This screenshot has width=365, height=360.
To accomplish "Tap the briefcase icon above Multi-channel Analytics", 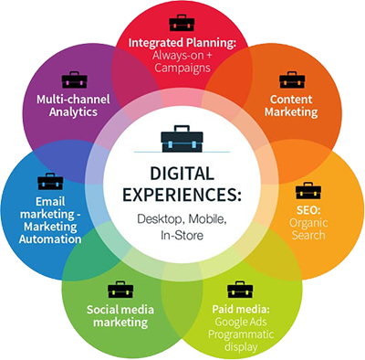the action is coord(74,79).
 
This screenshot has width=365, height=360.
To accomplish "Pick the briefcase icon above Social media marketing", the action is coord(120,290).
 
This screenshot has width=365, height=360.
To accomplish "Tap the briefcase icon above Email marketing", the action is coord(50,182).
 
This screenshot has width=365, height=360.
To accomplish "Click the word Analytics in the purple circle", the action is coord(74,111).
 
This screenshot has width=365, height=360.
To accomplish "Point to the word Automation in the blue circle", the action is coord(50,239).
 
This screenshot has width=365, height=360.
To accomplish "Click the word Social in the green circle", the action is coord(105,310).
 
